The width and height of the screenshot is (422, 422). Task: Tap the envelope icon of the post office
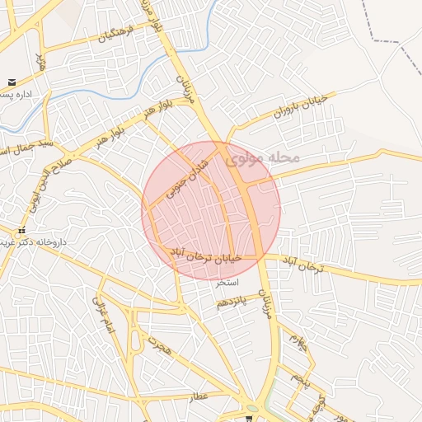pos(12,82)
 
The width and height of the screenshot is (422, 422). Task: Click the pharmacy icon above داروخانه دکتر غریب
pos(22,231)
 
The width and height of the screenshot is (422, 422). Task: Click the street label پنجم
pos(298,381)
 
